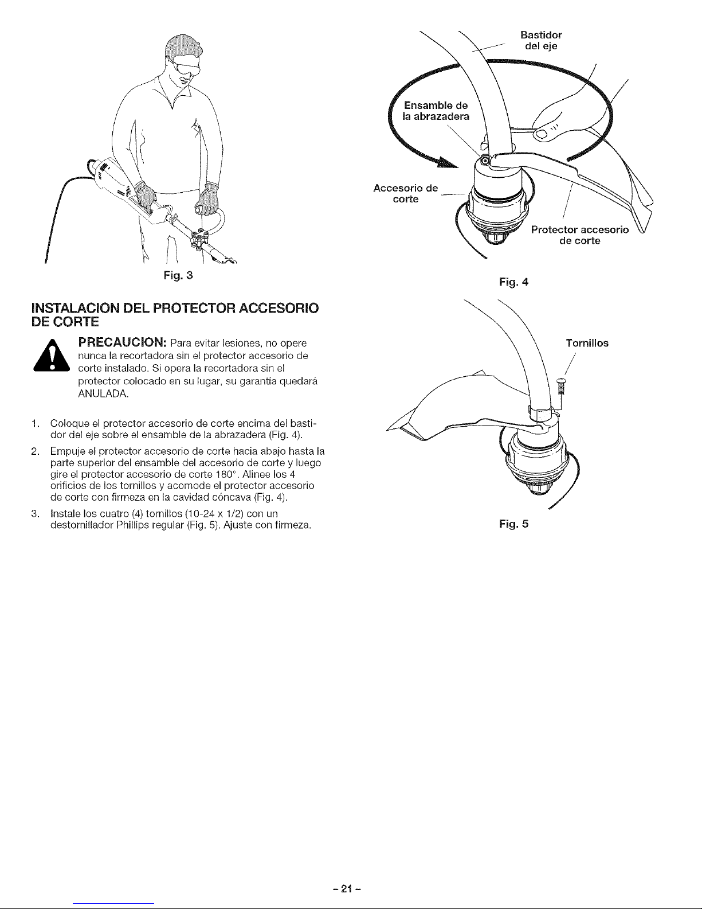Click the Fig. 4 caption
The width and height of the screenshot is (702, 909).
511,282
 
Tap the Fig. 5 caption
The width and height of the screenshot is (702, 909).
511,524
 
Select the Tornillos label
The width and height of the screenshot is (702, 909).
587,344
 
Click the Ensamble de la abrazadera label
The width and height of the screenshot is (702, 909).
436,111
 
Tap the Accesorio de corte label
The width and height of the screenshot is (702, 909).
405,194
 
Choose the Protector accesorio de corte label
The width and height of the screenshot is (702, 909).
580,235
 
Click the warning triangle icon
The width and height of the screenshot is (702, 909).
57,357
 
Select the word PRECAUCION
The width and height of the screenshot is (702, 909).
121,343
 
